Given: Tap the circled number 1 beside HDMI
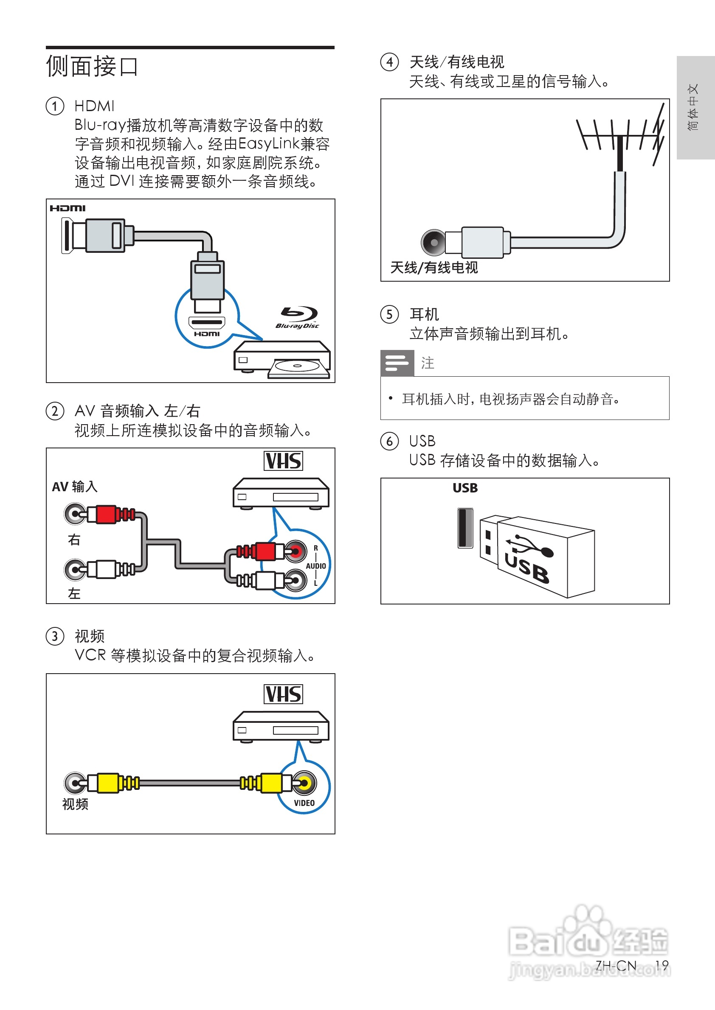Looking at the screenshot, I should pos(55,106).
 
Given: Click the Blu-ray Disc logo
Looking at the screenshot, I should pos(298,317).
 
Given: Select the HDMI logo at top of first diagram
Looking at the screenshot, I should pos(68,208).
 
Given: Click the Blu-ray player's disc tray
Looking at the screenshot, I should pos(298,368).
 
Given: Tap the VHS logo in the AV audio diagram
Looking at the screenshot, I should pos(283,461).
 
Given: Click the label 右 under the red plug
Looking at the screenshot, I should pos(74,539).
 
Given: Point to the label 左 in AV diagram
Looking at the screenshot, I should pos(74,593).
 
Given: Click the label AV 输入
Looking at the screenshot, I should pos(75,487).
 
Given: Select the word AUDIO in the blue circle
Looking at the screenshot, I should pos(315,566).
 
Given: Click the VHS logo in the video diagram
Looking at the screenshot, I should pos(283,694).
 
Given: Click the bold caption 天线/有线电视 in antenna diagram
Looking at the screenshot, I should pos(434,268).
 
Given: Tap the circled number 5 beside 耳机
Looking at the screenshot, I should pos(390,314).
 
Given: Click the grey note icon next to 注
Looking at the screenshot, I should pos(397,363).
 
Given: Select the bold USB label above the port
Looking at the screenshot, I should pos(465,488).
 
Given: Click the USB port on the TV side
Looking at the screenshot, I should pos(465,527).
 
